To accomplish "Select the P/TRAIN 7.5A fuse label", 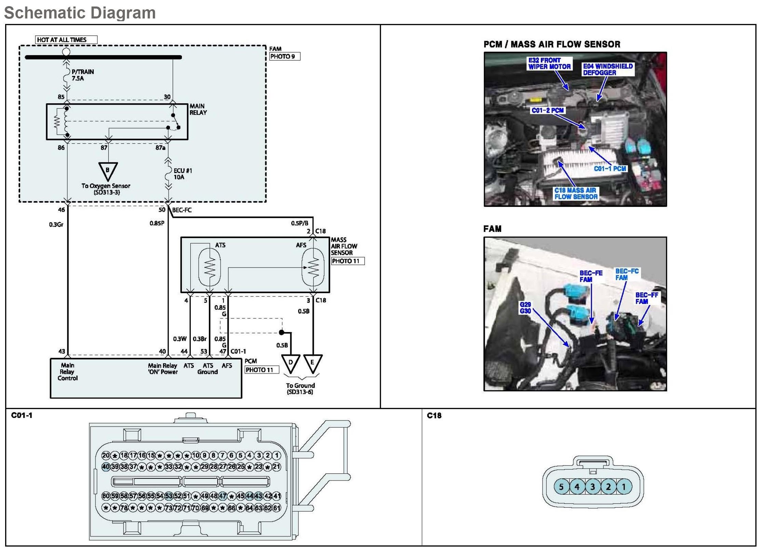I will pos(82,75).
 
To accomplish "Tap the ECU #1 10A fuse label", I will pos(183,174).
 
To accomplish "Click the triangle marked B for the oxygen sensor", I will pos(108,171).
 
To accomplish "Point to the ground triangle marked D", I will pos(291,363).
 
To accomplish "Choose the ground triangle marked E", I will pos(312,363).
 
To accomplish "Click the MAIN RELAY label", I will pos(198,109).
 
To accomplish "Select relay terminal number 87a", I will pos(160,148).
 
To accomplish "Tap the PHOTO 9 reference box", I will pos(284,56).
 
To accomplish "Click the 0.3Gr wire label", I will pos(56,225).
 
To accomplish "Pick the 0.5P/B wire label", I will pos(299,223).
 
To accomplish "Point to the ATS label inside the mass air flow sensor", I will pos(220,245).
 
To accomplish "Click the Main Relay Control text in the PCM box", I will pos(67,372).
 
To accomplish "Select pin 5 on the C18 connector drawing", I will pos(561,487).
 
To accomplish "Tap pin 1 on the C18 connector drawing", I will pos(624,487).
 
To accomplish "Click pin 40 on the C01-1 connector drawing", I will pos(106,467).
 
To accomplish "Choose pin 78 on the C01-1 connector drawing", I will pos(124,508).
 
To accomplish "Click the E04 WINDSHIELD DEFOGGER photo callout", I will pos(608,69).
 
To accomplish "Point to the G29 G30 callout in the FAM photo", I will pos(525,308).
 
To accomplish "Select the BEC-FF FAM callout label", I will pos(646,298).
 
